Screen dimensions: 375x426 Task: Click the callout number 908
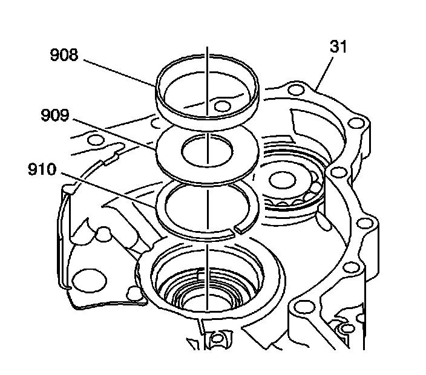pos(65,56)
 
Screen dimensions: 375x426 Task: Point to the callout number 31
pos(339,47)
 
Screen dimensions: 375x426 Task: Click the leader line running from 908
pos(121,73)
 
